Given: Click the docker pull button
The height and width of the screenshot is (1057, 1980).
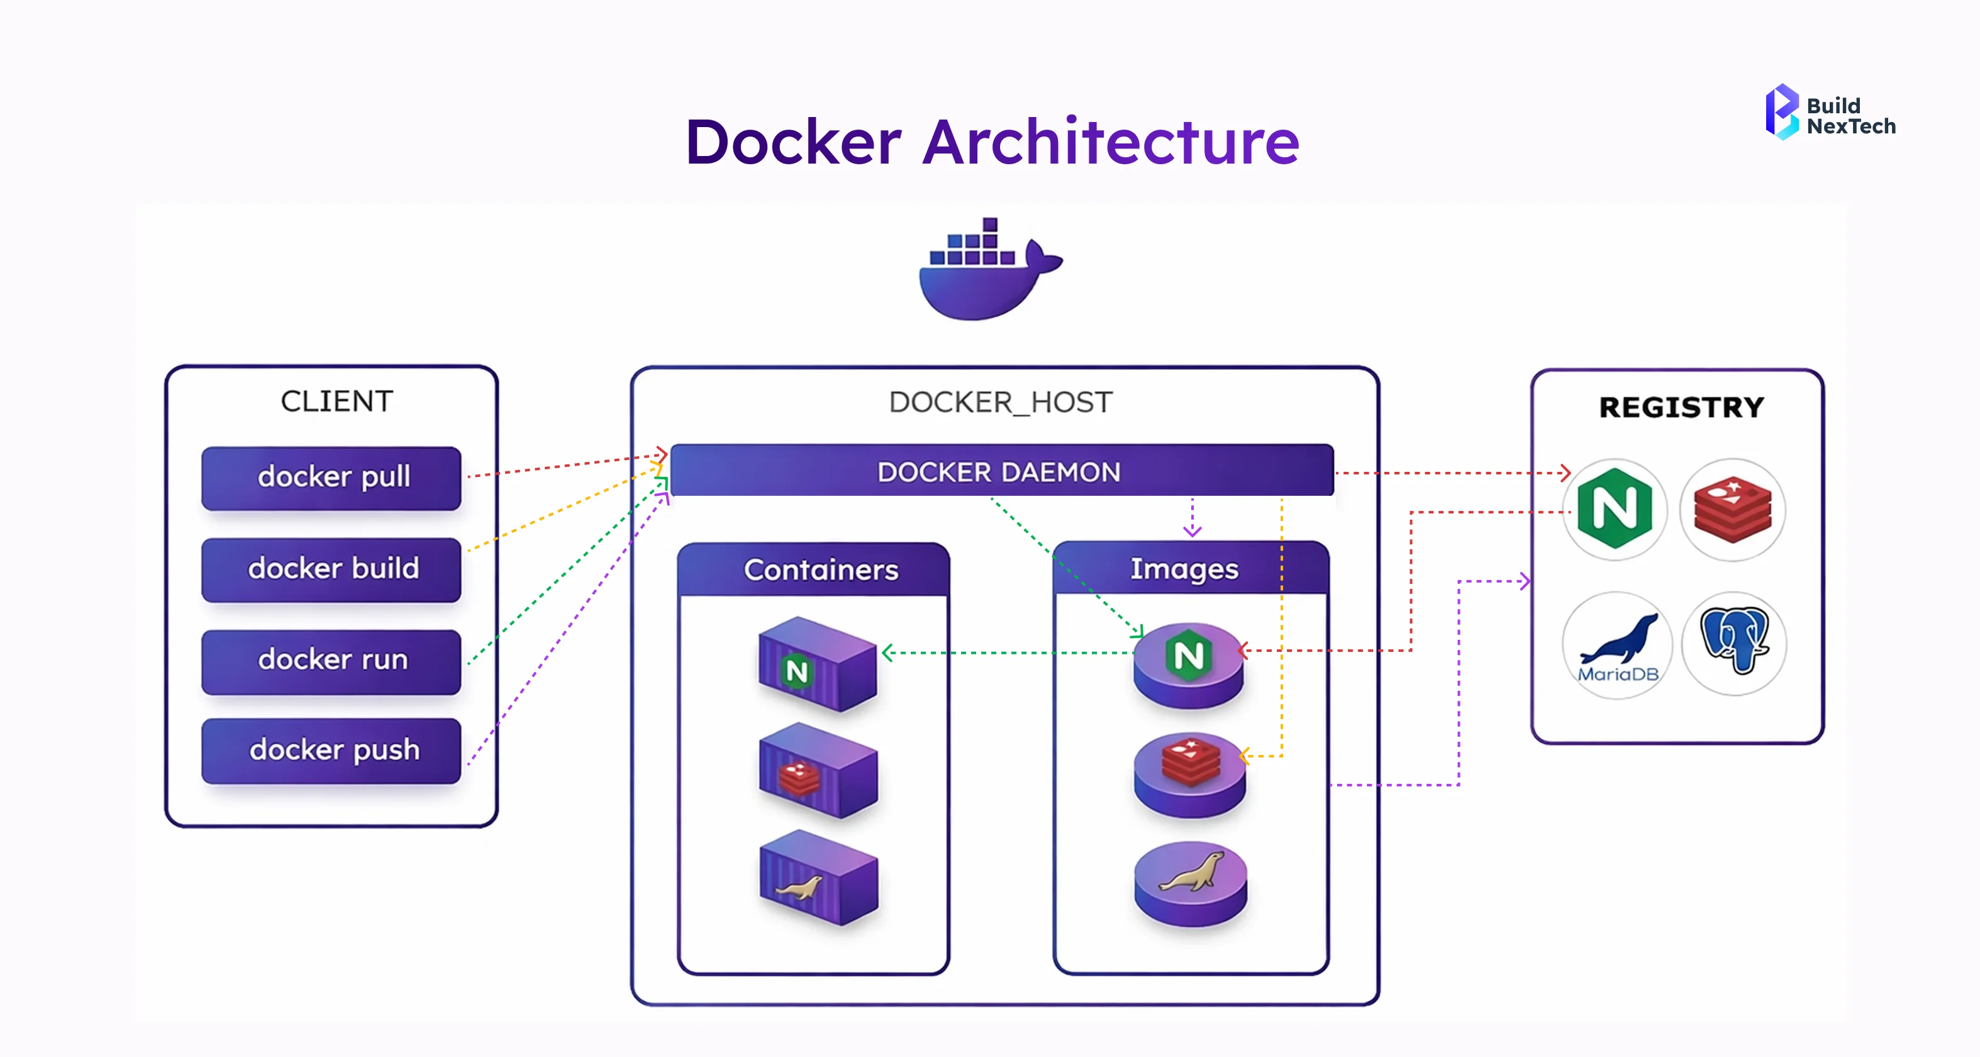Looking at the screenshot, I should coord(331,478).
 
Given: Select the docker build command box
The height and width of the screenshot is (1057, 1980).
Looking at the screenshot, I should coord(331,569).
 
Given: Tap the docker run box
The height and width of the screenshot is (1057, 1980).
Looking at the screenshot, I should coord(331,661).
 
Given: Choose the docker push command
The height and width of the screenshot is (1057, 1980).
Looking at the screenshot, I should coord(331,750).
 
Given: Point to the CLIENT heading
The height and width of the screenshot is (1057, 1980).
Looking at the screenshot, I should coord(336,401).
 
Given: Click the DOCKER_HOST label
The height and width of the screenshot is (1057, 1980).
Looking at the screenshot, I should coord(1000,402).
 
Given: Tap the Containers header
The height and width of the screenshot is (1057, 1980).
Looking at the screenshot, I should coord(820,569).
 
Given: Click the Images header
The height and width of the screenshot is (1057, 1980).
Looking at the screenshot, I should coord(1184,569).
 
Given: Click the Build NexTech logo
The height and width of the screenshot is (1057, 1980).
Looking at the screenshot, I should coord(1829,113).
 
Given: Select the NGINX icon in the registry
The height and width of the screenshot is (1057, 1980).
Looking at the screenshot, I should coord(1614,509).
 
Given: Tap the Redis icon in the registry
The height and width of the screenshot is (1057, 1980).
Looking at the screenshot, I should coord(1732,509).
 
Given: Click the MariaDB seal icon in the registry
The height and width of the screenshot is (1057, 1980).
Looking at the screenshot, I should coord(1617,645).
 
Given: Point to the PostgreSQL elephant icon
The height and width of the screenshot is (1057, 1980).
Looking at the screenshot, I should coord(1734,642).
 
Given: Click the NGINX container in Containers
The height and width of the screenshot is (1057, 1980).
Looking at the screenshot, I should coord(817,664).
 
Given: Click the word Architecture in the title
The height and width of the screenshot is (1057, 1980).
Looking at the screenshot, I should coord(1110,143).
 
